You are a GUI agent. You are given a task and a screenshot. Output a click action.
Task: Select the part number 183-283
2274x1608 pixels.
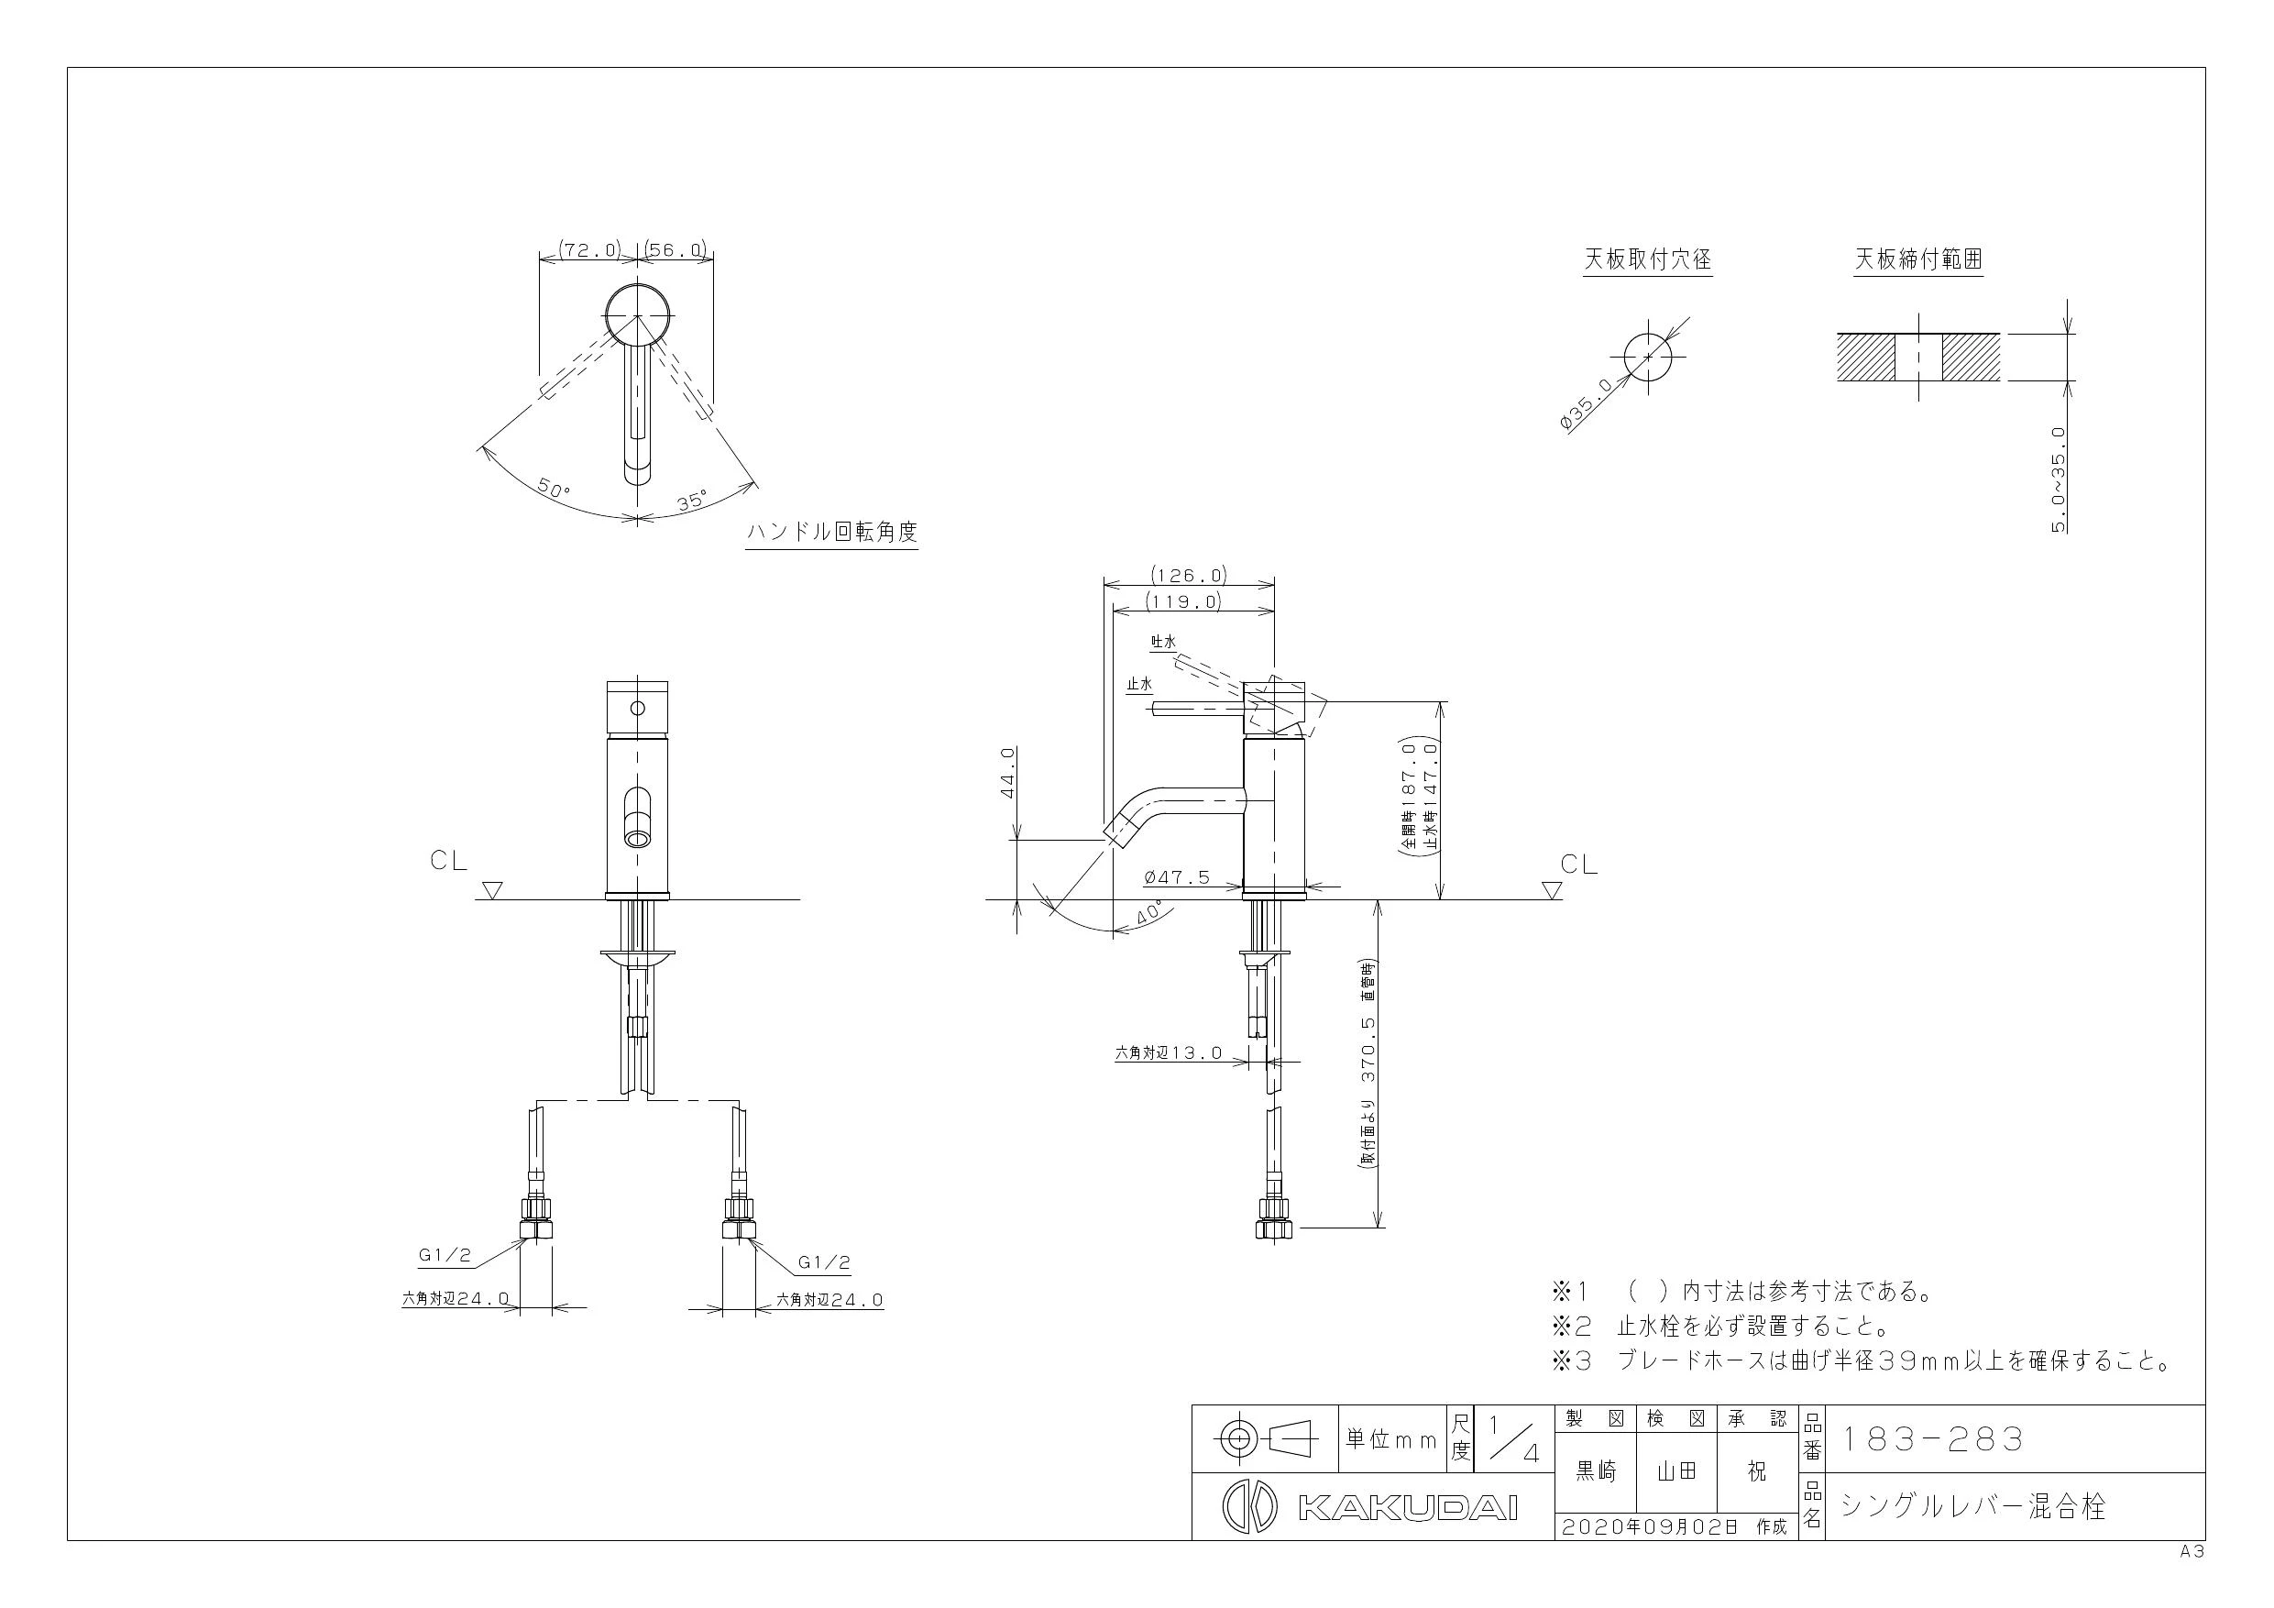click(x=1930, y=1438)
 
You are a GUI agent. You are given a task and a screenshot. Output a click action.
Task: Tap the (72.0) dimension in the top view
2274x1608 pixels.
click(x=590, y=249)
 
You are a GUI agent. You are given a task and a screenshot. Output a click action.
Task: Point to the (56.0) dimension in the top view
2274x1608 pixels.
click(x=676, y=249)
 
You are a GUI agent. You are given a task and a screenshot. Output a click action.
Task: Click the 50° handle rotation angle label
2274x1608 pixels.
click(x=555, y=488)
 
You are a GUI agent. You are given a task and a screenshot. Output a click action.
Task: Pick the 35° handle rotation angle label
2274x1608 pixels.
click(x=691, y=501)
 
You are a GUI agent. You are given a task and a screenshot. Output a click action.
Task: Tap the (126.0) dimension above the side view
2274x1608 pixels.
click(x=1189, y=575)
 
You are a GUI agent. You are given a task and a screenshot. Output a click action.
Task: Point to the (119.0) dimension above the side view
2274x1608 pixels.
click(x=1182, y=600)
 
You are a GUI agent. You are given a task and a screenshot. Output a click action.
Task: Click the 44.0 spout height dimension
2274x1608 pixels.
click(x=1008, y=773)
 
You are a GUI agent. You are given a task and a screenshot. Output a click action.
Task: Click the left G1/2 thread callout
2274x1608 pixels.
click(x=445, y=1255)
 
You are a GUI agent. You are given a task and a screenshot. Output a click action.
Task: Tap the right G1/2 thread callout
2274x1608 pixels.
click(x=824, y=1263)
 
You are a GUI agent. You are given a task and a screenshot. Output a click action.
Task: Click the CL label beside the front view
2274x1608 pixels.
click(x=449, y=861)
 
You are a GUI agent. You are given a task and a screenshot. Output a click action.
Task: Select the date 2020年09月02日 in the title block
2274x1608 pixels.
click(x=1649, y=1526)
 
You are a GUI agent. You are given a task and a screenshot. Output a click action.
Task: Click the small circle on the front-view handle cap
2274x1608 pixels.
click(x=638, y=709)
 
